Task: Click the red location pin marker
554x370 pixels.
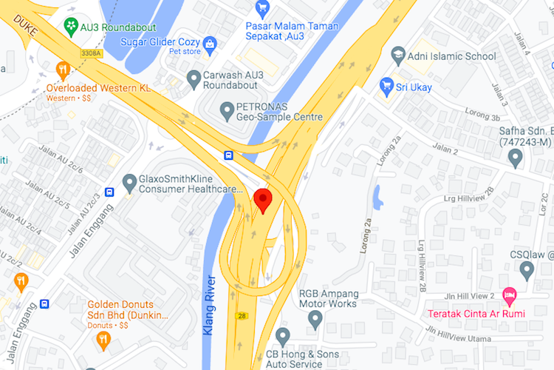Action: (x=263, y=201)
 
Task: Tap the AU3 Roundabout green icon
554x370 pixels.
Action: (x=71, y=26)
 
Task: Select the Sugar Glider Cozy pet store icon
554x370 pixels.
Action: (x=209, y=44)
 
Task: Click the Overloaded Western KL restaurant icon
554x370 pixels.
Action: (x=63, y=70)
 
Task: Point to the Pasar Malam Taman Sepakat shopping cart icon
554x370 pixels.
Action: (x=261, y=9)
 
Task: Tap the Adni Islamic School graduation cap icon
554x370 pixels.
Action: (x=399, y=55)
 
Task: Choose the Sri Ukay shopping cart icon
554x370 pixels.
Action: (x=385, y=85)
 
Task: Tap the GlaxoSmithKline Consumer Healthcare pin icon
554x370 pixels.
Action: (x=129, y=181)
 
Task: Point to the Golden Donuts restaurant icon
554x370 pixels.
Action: (x=103, y=340)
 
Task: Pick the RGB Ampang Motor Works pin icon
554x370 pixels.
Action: (x=315, y=319)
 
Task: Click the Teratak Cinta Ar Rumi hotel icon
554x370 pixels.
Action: (x=509, y=296)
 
